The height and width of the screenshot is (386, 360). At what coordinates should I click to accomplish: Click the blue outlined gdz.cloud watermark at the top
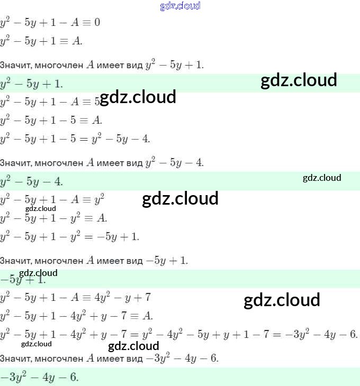click(x=180, y=6)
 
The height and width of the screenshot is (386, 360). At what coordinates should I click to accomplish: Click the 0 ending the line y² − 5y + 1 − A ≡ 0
click(x=97, y=23)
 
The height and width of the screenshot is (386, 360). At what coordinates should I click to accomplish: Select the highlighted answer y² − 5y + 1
click(x=32, y=84)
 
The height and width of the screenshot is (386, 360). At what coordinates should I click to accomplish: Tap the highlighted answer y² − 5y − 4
click(x=32, y=181)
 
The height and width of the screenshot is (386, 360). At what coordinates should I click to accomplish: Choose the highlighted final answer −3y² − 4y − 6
click(x=40, y=377)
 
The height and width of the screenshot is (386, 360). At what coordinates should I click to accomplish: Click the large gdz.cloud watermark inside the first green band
click(x=299, y=80)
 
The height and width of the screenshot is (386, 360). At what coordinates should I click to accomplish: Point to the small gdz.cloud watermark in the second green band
click(x=322, y=178)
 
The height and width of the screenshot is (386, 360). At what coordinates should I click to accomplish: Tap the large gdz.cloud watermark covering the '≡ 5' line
click(x=138, y=97)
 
